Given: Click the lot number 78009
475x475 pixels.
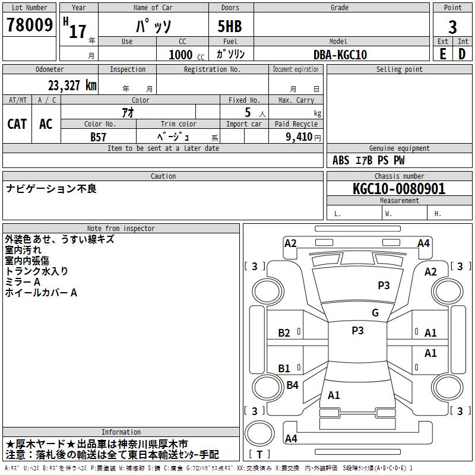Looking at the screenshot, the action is pos(29,25).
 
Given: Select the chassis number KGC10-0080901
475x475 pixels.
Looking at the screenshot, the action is pos(399,189).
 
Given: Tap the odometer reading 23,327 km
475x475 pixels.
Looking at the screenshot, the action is pos(72,85).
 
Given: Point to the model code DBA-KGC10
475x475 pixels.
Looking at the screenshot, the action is pos(340,55).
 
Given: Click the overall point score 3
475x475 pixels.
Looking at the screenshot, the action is pos(452,27).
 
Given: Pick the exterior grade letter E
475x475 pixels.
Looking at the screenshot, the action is pos(442,54).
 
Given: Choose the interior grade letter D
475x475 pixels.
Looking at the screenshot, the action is pos(462,54).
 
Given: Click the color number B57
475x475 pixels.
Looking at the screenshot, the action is pos(98,137).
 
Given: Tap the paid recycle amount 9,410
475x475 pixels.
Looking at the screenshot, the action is pos(299,137).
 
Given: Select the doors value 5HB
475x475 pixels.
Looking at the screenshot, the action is pos(230,26).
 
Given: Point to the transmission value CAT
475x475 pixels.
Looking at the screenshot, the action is pos(17,124).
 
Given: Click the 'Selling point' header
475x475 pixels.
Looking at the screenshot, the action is pos(399,69).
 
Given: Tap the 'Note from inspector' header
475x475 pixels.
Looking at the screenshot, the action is pos(121,229).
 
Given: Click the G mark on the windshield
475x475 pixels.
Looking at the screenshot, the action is pos(375,313).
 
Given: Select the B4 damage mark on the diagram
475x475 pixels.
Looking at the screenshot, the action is pos(292,385).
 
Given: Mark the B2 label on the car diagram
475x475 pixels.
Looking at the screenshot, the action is pos(284,333).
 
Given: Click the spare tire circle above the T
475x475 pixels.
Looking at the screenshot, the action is pos(259,433).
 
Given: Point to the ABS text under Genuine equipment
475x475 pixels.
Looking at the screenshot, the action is pos(341,160).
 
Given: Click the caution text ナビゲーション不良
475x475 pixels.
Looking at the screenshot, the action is pos(51,189).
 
